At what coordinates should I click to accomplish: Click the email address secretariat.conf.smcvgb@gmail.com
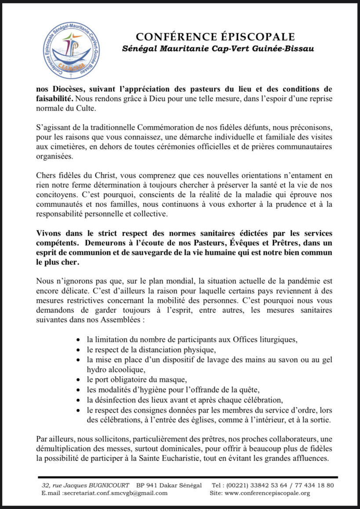(x=115, y=493)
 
